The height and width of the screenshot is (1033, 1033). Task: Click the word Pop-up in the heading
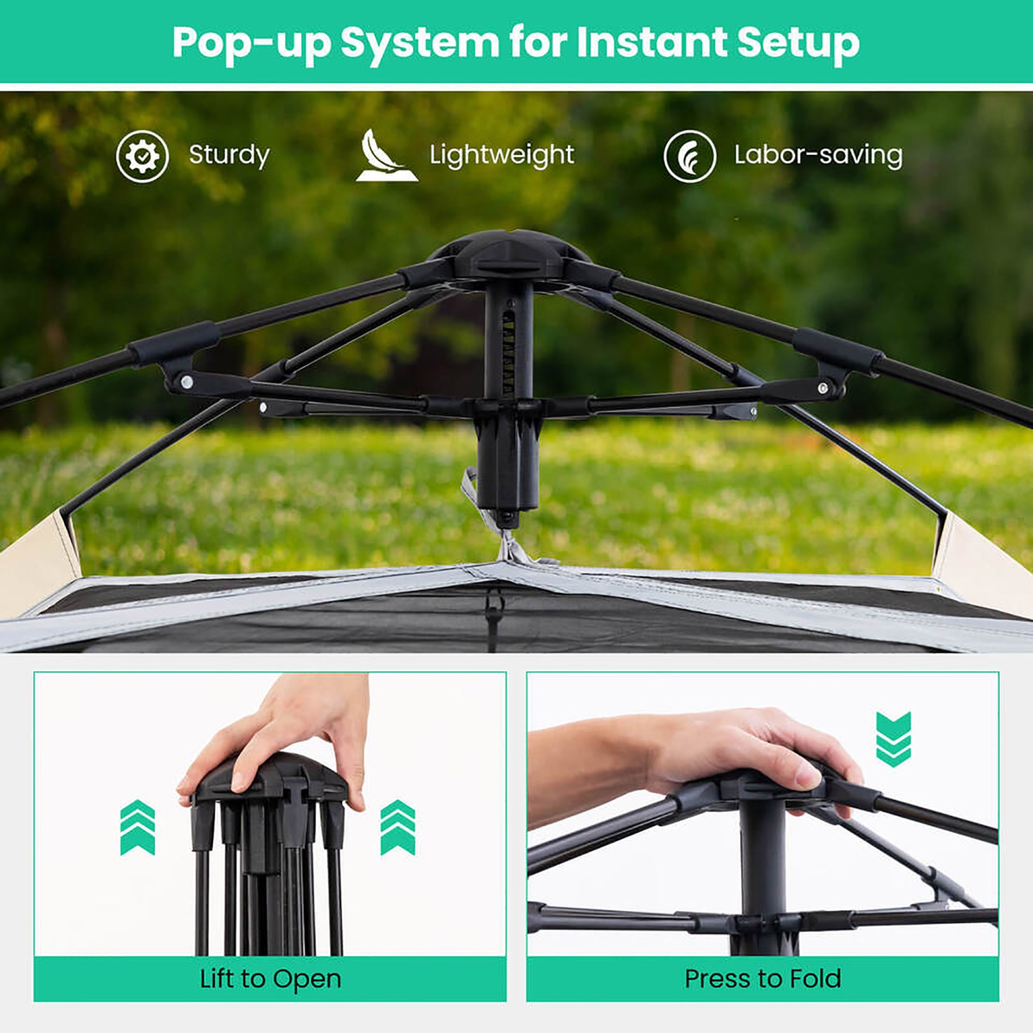click(x=251, y=43)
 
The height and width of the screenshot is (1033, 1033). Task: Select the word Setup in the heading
click(x=798, y=43)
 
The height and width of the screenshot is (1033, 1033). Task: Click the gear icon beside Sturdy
click(x=143, y=156)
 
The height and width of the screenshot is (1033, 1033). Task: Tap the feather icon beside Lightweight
click(x=386, y=156)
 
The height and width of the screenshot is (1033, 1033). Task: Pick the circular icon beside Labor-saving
click(x=689, y=156)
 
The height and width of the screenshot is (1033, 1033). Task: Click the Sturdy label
click(x=229, y=155)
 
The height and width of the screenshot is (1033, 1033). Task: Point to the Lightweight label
click(x=501, y=155)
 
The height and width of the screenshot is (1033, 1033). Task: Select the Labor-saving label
click(x=818, y=155)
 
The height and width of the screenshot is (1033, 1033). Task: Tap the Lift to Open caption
click(x=270, y=979)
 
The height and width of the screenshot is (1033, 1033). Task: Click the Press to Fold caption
click(x=762, y=979)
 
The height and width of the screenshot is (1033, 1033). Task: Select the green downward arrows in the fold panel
click(x=893, y=739)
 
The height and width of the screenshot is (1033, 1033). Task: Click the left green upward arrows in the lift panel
click(x=138, y=827)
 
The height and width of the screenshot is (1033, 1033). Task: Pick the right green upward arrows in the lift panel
click(x=398, y=827)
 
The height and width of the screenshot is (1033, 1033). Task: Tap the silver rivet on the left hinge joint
click(x=186, y=380)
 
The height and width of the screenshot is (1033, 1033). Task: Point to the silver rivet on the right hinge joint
click(x=823, y=388)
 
